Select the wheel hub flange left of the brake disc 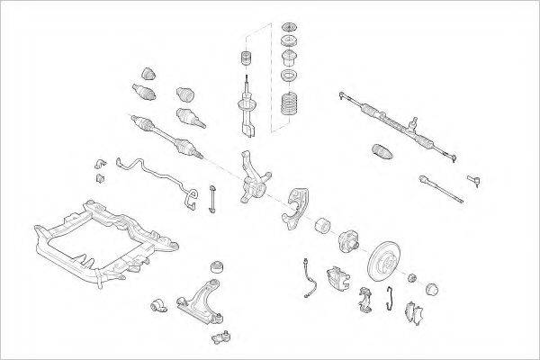pyautogui.click(x=349, y=241)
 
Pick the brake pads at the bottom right pyautogui.click(x=415, y=310)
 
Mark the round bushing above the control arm pyautogui.click(x=216, y=266)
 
